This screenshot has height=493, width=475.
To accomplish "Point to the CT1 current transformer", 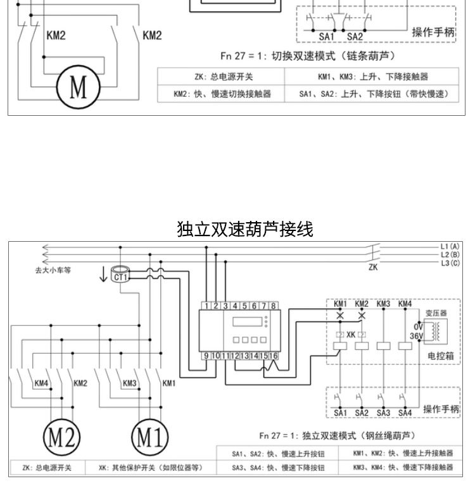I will (120, 276).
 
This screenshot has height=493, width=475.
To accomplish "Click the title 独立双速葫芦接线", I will (245, 229).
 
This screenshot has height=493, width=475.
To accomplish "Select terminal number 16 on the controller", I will (274, 356).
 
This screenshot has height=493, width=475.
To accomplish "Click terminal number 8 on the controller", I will (274, 306).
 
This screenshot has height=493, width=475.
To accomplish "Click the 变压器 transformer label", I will (436, 312).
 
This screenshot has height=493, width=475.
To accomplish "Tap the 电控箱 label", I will (440, 356).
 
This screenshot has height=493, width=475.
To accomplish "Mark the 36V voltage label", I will (416, 335).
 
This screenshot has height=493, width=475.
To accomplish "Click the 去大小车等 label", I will (53, 270).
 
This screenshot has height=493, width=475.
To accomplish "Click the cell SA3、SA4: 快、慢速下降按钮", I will (278, 468).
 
